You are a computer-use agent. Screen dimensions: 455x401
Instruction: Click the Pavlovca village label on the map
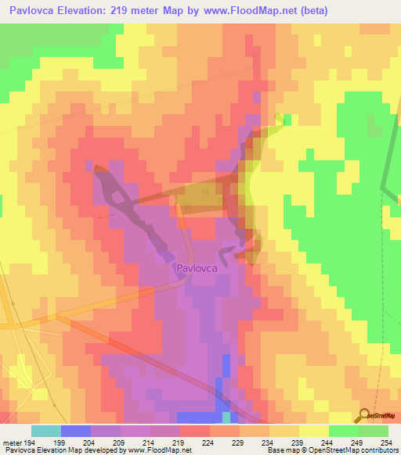197,268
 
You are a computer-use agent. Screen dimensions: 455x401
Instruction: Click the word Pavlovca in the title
37,10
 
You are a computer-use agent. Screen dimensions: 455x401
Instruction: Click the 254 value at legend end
388,443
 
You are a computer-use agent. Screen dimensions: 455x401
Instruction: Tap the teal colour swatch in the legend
45,431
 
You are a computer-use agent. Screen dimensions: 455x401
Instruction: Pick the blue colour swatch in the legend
75,431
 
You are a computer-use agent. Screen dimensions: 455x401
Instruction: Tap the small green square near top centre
287,119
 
